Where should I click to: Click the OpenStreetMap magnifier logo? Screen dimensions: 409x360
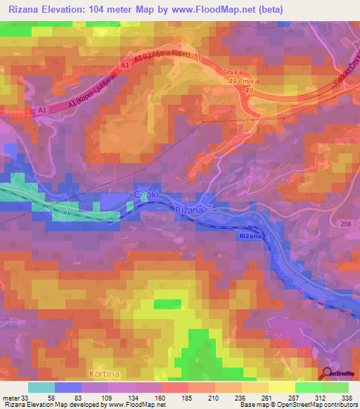click(x=328, y=374)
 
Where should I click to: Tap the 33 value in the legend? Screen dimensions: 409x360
click(x=27, y=398)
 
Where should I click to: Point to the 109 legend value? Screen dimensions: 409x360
click(x=108, y=398)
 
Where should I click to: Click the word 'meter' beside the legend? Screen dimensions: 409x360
click(x=11, y=398)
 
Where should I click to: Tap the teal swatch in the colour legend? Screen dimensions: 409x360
click(x=41, y=387)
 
